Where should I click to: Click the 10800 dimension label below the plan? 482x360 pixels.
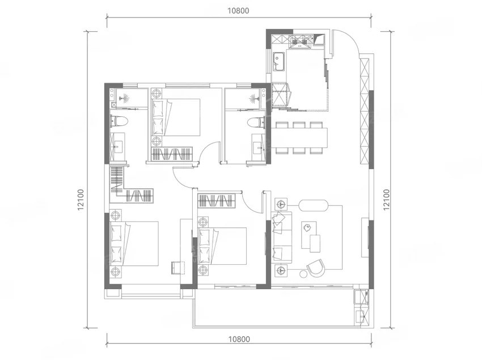pos(239,339)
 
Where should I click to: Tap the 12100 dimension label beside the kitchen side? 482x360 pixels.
pos(387,200)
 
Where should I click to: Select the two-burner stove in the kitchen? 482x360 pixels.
pos(299,41)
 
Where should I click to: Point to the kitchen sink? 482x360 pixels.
pos(279,59)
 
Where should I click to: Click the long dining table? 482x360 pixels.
pos(299,137)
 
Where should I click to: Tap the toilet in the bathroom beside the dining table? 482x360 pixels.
pos(256,122)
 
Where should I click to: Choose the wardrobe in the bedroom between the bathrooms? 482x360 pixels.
pos(170,154)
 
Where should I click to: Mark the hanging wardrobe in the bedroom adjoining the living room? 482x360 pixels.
pos(215,201)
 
